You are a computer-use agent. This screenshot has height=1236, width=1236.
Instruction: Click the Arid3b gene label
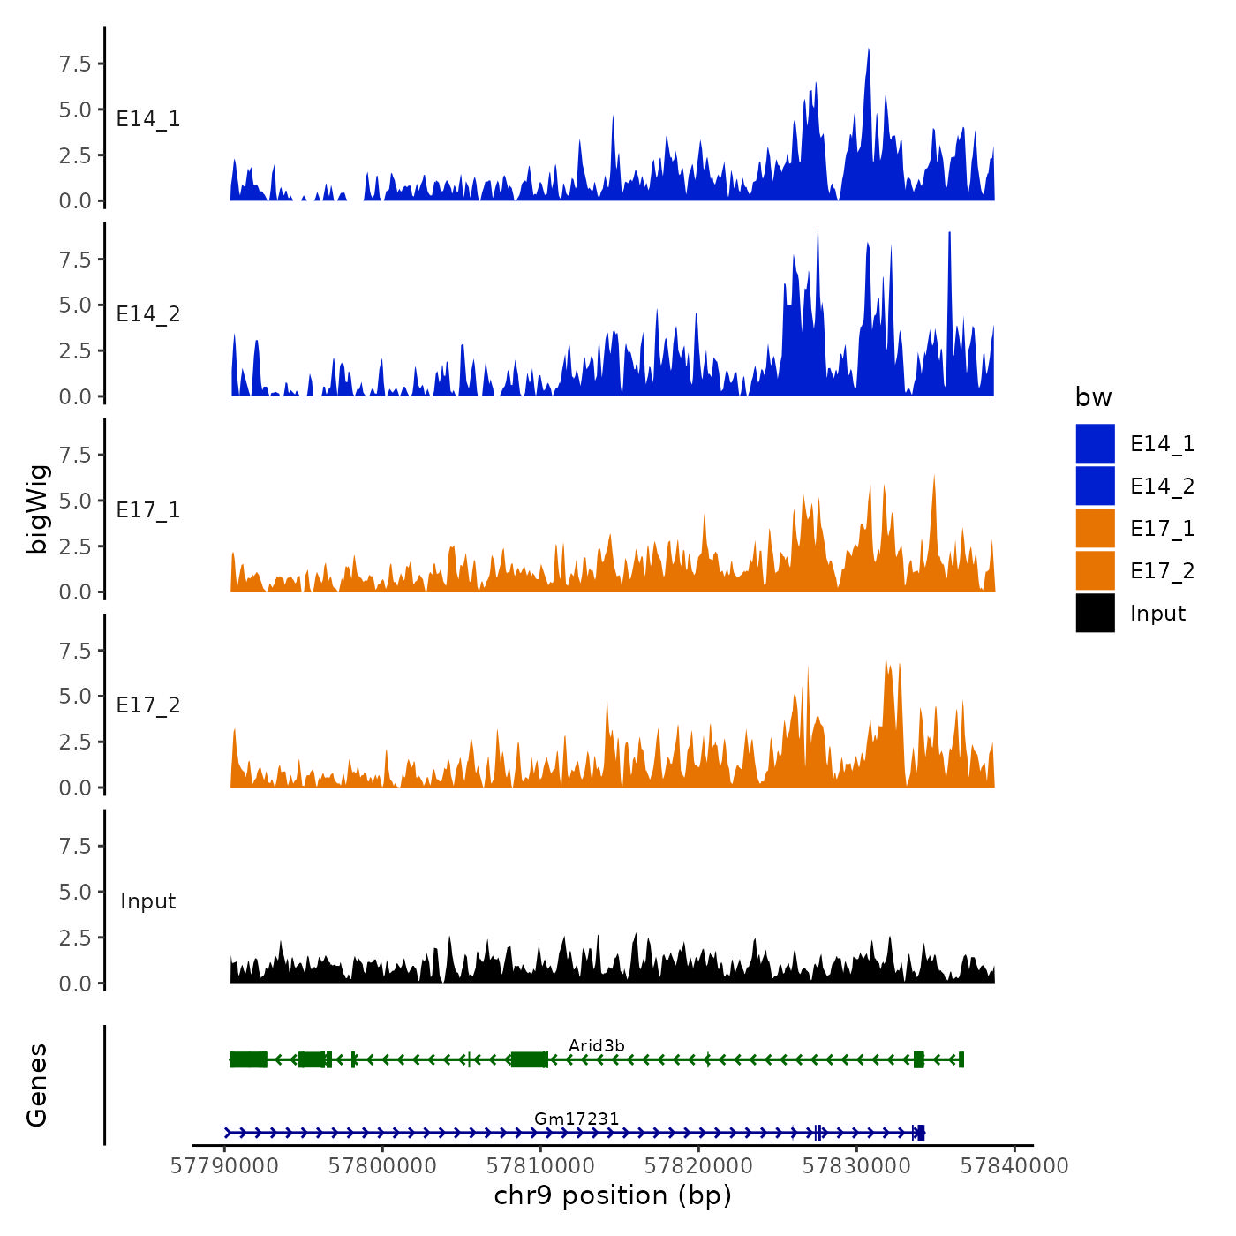click(x=597, y=1045)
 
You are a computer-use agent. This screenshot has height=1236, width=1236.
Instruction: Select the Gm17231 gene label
click(x=577, y=1119)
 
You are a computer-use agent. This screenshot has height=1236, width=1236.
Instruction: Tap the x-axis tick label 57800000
click(x=382, y=1166)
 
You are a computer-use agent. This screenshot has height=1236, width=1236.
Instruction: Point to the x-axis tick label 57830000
click(x=856, y=1166)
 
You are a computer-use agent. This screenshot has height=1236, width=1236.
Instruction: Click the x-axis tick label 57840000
click(x=1014, y=1166)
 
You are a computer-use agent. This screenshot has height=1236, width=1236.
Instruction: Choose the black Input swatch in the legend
click(x=1095, y=614)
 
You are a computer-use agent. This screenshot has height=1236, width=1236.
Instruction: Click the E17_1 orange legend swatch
click(x=1095, y=529)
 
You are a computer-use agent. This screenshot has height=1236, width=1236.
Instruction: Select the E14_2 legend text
click(x=1162, y=486)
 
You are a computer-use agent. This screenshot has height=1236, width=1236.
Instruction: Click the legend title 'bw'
click(x=1093, y=397)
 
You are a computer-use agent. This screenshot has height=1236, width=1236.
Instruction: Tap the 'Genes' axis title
click(x=37, y=1085)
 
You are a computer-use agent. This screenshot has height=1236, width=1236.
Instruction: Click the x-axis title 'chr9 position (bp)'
click(x=613, y=1195)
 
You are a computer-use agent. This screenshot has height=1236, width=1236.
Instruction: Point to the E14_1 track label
click(x=148, y=119)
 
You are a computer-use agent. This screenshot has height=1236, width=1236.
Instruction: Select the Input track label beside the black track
click(x=148, y=901)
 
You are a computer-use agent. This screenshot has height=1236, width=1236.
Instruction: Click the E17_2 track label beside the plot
click(x=148, y=705)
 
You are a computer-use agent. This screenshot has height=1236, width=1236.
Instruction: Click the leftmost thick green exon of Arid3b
click(x=248, y=1059)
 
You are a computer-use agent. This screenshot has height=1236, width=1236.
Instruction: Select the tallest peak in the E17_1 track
click(x=934, y=478)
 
